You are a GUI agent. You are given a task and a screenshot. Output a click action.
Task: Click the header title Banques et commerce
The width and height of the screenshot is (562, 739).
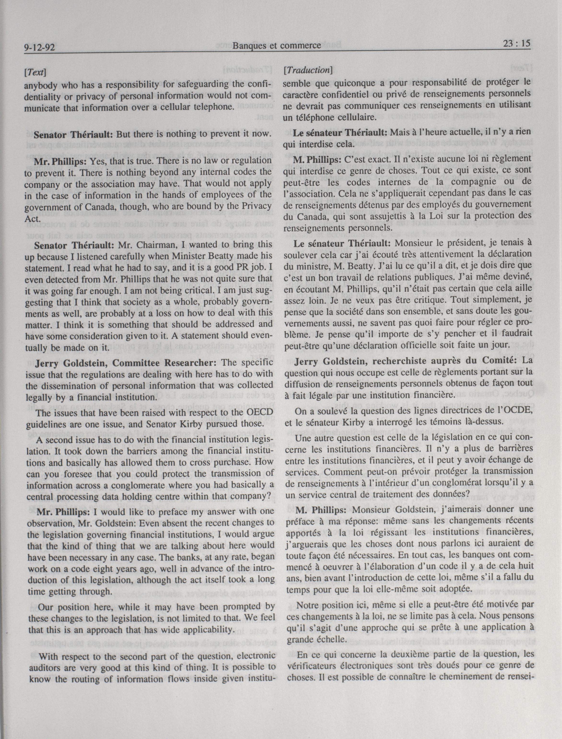tap(277, 46)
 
